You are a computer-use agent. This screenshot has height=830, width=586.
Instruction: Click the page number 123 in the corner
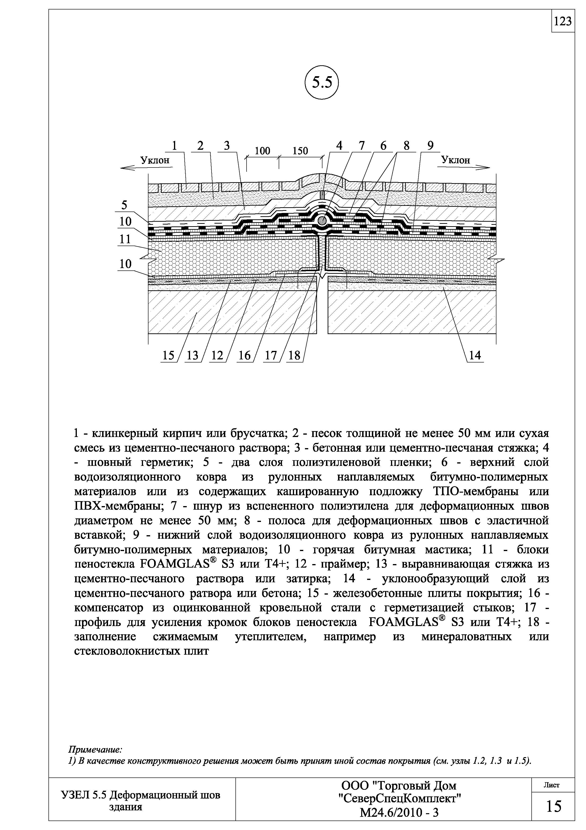point(563,22)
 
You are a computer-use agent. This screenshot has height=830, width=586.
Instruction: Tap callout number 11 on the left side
point(125,239)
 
